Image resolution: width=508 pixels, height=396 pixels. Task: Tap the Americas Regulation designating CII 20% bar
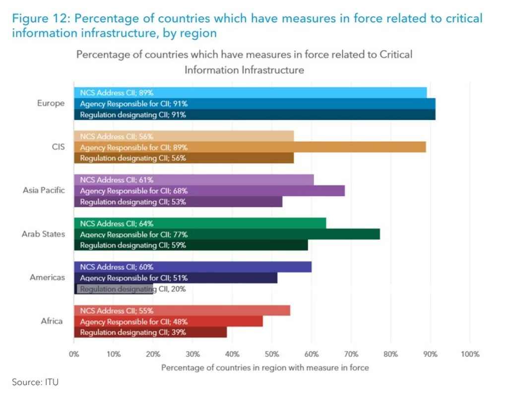[114, 289]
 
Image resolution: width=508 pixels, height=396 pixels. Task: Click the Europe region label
[51, 104]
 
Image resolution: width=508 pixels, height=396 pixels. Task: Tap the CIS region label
[58, 147]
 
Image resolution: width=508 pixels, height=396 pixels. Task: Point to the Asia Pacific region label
[44, 191]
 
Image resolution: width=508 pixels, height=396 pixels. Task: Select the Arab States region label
[43, 234]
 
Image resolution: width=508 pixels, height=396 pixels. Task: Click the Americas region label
[47, 278]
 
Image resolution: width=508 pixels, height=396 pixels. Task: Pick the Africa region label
[52, 321]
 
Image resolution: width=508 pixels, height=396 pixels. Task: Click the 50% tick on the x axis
[272, 354]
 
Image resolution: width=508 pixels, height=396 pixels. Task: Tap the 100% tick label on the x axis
[470, 354]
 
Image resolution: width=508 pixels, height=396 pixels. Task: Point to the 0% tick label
[74, 354]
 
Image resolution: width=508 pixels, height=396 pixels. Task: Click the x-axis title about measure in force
[265, 368]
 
